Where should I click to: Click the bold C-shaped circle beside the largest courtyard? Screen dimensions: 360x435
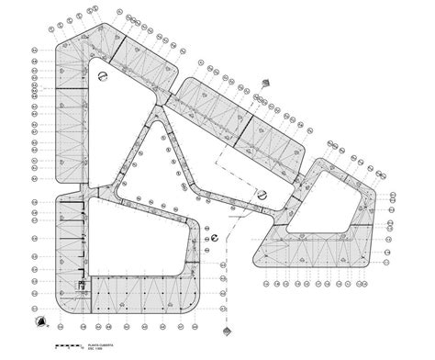click(x=216, y=236)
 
